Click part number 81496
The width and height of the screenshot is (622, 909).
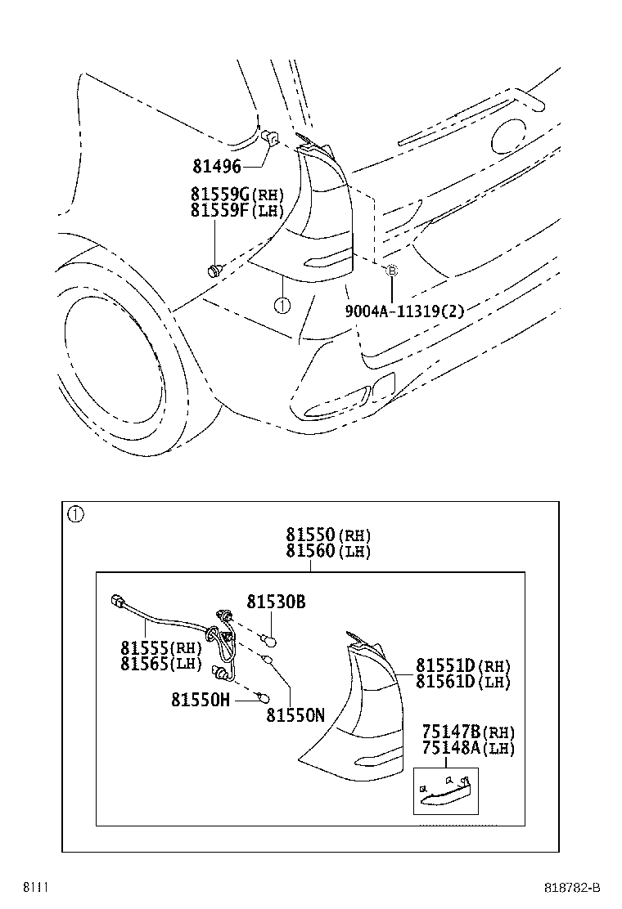[x=217, y=167]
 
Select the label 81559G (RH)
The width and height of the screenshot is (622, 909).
[x=237, y=195]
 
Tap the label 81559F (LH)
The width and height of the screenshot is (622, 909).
[x=237, y=210]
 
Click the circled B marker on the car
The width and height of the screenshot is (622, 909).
[x=391, y=270]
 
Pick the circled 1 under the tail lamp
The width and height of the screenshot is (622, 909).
[x=281, y=306]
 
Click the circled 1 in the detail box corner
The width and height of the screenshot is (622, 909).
[x=75, y=514]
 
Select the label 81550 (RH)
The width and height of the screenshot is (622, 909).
[x=328, y=535]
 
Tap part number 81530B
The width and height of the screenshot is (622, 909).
[x=276, y=602]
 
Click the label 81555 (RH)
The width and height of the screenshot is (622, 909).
[x=160, y=647]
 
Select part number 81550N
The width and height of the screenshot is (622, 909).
[x=295, y=714]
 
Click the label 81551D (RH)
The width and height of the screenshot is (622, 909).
[x=462, y=665]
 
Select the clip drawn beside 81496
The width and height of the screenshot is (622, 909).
[x=273, y=139]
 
